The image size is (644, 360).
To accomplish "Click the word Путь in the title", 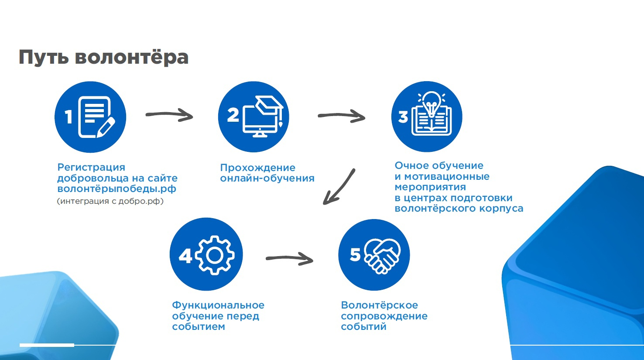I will point(43,58).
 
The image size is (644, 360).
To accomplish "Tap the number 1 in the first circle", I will point(69,117).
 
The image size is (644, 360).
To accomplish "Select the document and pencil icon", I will point(96,117).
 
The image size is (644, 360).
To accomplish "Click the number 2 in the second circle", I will point(233,116).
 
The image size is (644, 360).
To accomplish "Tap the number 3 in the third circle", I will point(403,117).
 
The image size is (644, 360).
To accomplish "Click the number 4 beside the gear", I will point(185,256).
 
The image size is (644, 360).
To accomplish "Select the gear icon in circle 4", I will point(214,255).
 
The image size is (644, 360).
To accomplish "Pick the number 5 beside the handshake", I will point(355,254).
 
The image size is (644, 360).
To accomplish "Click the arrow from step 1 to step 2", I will point(169,115).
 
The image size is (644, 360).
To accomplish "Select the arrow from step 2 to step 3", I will point(342,116).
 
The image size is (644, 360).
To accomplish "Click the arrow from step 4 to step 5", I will point(290,259).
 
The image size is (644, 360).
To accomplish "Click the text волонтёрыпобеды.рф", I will point(117,189).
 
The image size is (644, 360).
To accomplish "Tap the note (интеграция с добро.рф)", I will point(110,202).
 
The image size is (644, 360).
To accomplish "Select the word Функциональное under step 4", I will point(218,305).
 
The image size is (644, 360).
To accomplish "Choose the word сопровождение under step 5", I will point(384,316).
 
